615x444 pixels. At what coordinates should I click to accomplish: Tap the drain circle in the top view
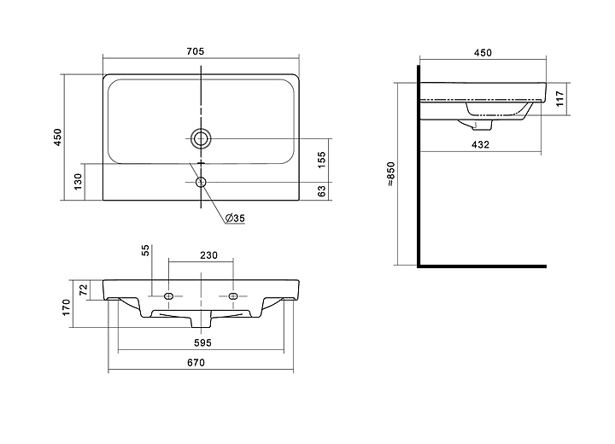(x=202, y=137)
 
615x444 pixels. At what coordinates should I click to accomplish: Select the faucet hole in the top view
(x=202, y=181)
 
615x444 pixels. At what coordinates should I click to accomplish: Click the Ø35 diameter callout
(x=235, y=219)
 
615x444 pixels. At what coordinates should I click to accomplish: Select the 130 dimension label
(x=78, y=181)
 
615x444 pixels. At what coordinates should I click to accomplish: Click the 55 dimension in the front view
(x=145, y=249)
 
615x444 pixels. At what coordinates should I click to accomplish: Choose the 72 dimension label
(x=84, y=290)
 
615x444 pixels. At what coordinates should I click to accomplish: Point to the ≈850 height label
(x=391, y=176)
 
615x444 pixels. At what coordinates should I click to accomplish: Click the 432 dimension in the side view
(x=481, y=144)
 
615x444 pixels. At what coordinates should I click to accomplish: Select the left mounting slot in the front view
(x=168, y=295)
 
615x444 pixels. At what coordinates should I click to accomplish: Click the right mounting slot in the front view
(x=232, y=295)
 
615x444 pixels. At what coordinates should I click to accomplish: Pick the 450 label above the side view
(x=482, y=53)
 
